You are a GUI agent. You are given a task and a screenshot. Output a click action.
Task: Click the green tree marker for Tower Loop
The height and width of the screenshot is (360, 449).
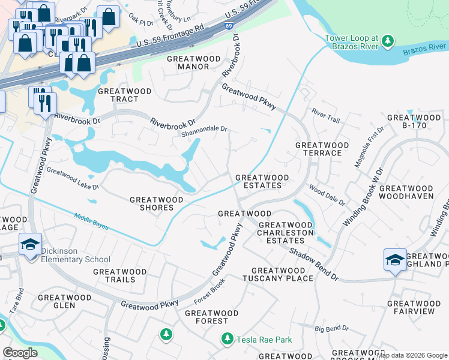[388, 41]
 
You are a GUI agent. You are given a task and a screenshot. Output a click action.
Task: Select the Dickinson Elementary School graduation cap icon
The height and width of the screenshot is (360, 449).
[30, 245]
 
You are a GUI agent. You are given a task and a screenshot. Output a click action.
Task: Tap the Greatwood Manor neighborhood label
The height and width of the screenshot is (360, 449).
[188, 62]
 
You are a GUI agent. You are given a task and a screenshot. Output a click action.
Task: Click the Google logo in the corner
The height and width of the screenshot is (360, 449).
[20, 353]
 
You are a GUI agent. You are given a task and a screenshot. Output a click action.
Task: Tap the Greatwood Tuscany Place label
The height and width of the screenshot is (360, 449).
[278, 274]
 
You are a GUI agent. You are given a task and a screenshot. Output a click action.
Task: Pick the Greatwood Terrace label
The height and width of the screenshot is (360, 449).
[322, 149]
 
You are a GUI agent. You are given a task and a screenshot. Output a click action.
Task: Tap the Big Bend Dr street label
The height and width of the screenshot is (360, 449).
[332, 328]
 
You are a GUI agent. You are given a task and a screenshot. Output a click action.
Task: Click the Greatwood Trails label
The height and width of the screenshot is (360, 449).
[119, 275]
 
